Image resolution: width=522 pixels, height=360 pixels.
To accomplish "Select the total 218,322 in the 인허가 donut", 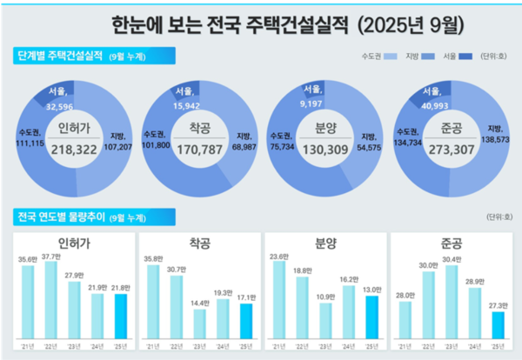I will coord(77,150).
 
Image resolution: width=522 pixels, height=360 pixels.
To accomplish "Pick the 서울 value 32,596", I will coord(59,106).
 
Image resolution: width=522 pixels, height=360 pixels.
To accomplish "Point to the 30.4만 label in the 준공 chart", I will coord(452,258).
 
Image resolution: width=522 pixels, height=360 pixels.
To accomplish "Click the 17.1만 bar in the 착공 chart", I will coord(246,319).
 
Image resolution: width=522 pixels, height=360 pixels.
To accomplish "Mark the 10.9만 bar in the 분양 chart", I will coord(325,319).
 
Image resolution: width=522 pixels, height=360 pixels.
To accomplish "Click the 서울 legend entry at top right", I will coord(453,56).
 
